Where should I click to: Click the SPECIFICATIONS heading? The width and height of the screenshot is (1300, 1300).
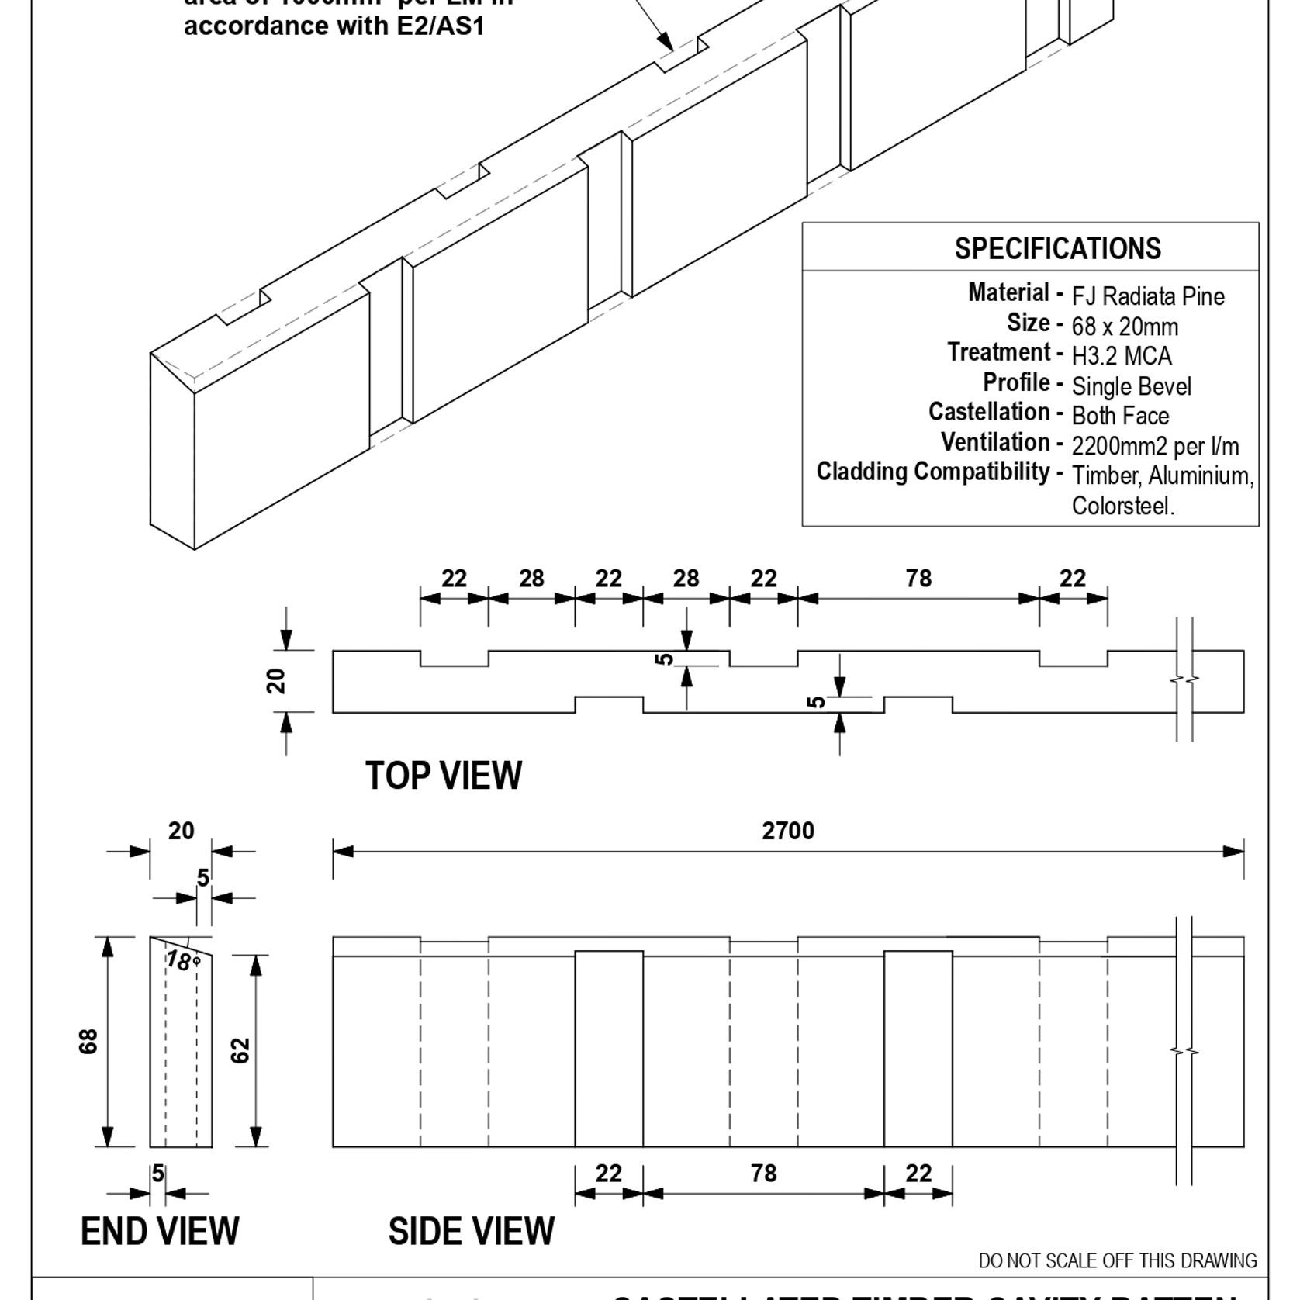(1057, 249)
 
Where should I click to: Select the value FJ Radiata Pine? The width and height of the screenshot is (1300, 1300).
(1147, 296)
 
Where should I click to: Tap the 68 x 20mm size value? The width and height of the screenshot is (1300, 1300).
(1125, 327)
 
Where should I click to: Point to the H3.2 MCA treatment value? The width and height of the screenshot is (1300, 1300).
(1121, 356)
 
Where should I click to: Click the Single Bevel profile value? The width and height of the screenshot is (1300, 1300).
(1131, 386)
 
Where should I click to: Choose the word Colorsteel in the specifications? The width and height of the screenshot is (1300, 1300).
(1122, 506)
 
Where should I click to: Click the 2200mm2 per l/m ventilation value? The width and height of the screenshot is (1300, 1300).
(1155, 446)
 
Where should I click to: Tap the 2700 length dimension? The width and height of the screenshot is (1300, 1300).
(787, 831)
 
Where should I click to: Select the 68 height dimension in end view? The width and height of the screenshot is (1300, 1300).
(88, 1041)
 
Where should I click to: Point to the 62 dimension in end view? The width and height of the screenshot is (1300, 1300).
(241, 1050)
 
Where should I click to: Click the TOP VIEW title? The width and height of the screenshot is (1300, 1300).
(444, 776)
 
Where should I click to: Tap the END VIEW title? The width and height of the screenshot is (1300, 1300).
(160, 1231)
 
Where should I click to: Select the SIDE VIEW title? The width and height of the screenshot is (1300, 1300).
(471, 1231)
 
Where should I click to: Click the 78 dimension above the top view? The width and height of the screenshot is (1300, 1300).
(918, 578)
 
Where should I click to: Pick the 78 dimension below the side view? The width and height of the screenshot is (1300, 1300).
(763, 1173)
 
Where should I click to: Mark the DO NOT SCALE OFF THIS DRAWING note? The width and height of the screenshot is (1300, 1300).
(1117, 1260)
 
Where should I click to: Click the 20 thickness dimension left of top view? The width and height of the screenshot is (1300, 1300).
(276, 681)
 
